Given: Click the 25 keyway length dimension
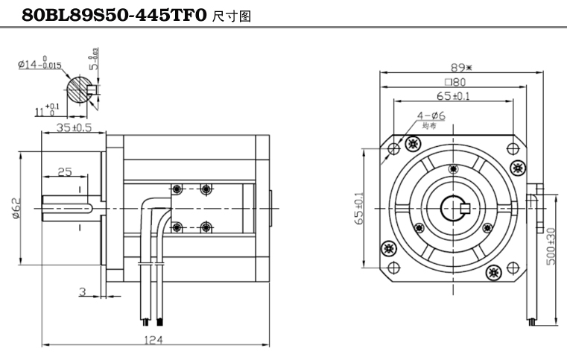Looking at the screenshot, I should point(64,172).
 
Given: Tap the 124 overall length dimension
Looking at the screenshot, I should point(153,338).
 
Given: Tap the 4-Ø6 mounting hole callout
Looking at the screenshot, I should point(429,116).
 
